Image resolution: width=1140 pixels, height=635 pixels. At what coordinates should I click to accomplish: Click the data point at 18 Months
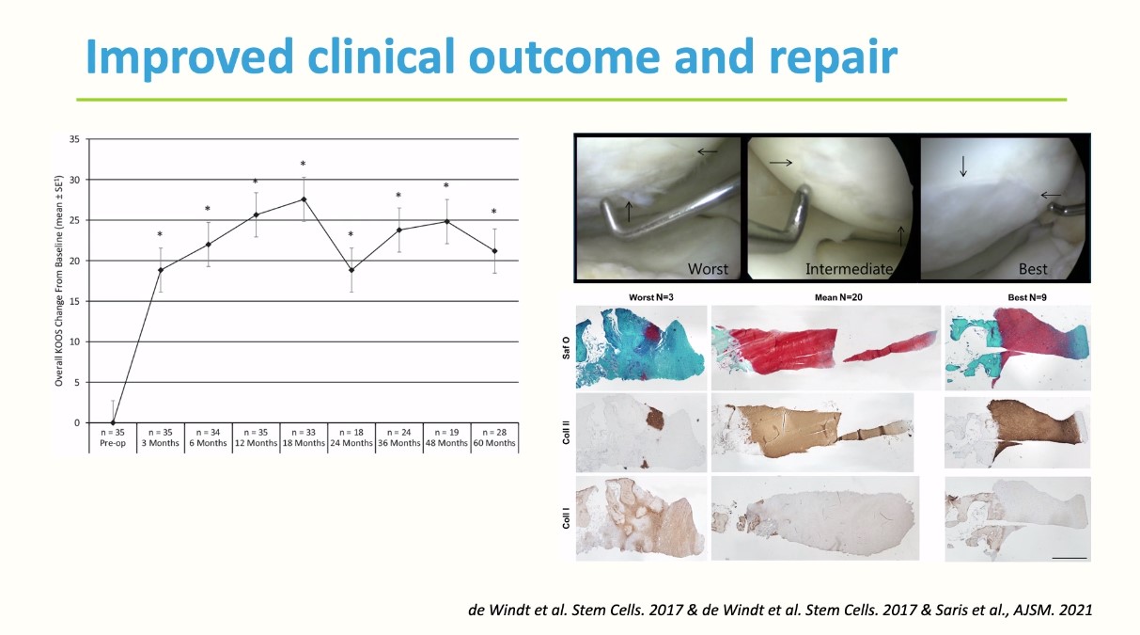304,199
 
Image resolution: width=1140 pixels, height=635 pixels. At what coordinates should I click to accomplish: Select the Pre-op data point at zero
113,422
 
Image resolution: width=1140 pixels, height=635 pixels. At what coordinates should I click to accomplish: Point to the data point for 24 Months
351,270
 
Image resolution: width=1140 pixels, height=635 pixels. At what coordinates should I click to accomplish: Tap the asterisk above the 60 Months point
493,211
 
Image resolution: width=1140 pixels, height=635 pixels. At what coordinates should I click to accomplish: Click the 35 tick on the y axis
75,139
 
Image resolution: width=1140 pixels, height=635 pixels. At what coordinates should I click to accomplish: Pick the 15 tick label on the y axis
75,301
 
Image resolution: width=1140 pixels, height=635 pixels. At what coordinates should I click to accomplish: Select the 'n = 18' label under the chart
351,432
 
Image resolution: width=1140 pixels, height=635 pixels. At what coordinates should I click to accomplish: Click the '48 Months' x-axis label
446,443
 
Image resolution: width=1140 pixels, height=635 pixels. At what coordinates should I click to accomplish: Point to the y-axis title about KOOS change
59,280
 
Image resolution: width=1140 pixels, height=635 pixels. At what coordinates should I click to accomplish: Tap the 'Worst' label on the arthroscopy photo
708,268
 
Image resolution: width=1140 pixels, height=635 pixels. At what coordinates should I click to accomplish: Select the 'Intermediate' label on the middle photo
849,268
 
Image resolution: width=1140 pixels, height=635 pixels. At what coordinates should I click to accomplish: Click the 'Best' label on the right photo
1033,268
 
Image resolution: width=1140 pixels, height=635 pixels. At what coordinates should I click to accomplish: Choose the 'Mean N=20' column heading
838,297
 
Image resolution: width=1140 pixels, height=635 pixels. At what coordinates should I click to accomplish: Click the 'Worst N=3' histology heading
651,297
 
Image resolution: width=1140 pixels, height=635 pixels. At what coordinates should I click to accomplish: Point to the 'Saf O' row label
566,347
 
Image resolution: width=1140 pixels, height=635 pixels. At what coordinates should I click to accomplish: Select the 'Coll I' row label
566,517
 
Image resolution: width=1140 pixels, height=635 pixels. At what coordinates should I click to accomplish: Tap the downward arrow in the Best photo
963,167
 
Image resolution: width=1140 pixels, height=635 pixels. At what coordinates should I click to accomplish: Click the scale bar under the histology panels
1070,558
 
